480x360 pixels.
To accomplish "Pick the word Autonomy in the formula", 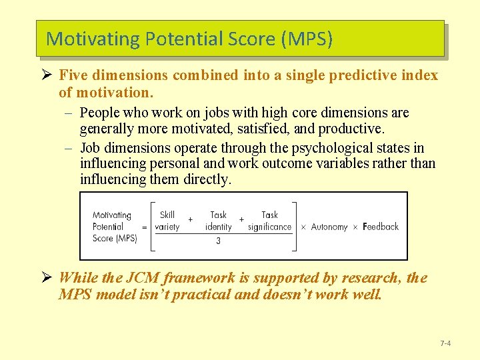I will point(329,227).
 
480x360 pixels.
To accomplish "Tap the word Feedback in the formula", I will point(381,227).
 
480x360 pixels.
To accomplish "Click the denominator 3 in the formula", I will point(218,241).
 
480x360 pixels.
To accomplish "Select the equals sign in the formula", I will point(144,227).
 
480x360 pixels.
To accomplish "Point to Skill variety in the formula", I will point(167,221).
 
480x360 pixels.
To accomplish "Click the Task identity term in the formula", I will point(218,221).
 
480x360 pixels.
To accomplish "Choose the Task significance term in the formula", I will point(269,221).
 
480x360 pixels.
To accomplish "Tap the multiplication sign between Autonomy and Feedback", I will point(355,227).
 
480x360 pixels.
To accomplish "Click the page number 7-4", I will point(445,343).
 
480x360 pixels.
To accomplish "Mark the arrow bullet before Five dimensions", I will point(49,75).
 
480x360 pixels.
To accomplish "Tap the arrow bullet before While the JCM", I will point(49,278).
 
